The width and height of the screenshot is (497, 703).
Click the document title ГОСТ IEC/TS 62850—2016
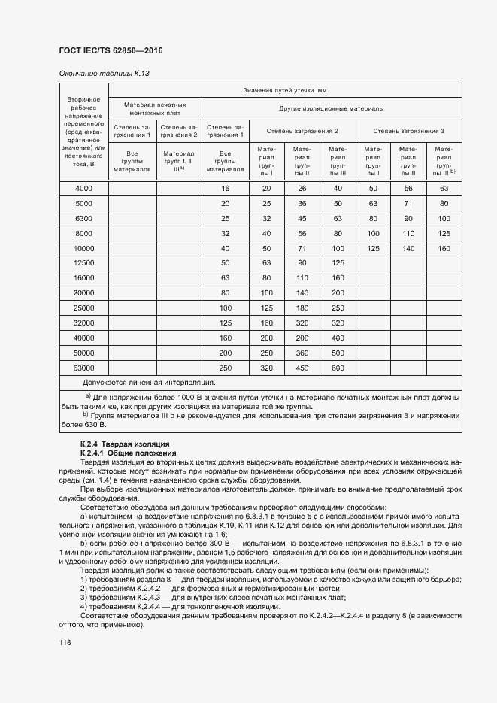click(110, 50)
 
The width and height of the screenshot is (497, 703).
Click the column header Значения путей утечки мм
click(285, 90)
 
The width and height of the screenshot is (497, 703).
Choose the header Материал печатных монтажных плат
click(156, 108)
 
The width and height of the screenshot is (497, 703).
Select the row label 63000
click(83, 368)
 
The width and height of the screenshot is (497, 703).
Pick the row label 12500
click(83, 263)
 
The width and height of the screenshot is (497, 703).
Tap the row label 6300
click(83, 218)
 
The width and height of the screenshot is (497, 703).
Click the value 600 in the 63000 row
click(338, 368)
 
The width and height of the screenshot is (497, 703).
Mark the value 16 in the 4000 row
click(225, 188)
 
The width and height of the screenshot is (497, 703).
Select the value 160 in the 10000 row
click(444, 248)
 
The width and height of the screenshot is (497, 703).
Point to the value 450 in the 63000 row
click(302, 368)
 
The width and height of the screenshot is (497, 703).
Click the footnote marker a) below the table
click(87, 395)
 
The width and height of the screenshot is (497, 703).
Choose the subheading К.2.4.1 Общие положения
click(128, 453)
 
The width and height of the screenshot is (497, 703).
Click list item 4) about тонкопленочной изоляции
click(180, 607)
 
